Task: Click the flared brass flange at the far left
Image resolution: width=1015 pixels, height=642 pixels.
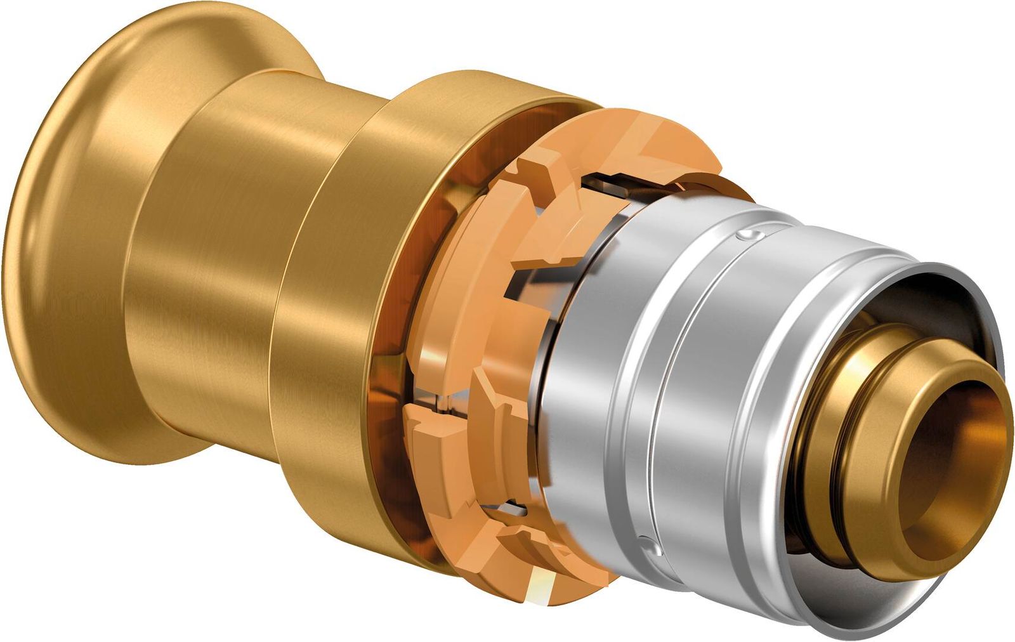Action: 57,266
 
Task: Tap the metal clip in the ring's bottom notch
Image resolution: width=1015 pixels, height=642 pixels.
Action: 514,508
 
